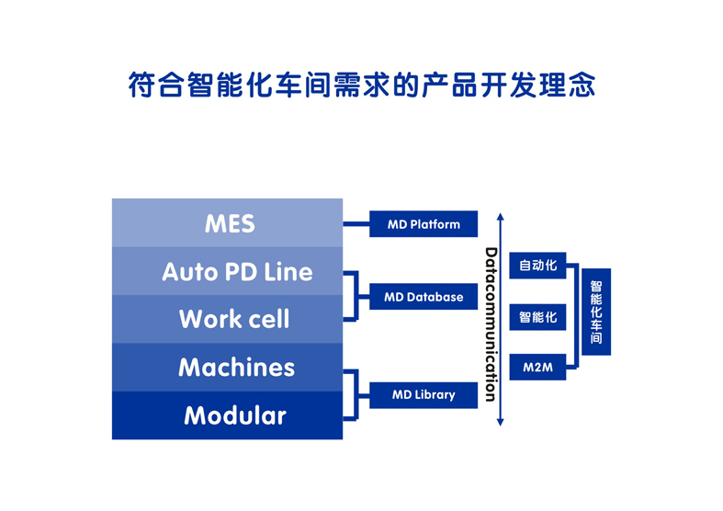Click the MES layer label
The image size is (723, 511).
click(x=230, y=223)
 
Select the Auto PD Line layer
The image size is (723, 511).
click(x=227, y=271)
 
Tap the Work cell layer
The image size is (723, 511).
click(x=227, y=319)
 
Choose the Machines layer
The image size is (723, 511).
click(x=227, y=367)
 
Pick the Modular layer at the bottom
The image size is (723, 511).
click(x=227, y=415)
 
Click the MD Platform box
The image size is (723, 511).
click(x=424, y=224)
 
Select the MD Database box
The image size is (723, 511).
click(x=424, y=297)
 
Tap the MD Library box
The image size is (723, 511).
click(x=424, y=395)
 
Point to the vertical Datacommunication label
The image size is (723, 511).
click(x=491, y=324)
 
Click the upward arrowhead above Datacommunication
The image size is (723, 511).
click(x=501, y=216)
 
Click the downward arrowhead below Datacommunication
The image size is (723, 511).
click(x=501, y=422)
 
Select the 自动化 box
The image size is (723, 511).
click(x=537, y=266)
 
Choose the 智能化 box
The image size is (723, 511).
click(x=537, y=317)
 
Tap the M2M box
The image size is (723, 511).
click(x=537, y=367)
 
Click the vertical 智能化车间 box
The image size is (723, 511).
click(x=596, y=312)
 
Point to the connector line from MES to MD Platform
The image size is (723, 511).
click(x=356, y=224)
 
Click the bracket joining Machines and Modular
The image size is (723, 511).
click(x=356, y=395)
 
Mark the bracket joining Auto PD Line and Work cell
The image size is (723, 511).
click(x=356, y=296)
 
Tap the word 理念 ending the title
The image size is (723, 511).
click(x=567, y=85)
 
